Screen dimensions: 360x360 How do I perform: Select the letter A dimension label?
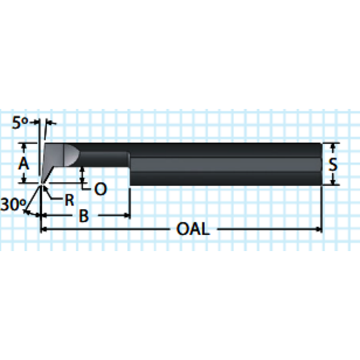click(x=23, y=163)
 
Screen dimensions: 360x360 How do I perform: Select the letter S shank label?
click(x=332, y=164)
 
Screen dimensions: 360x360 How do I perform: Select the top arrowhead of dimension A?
click(x=23, y=146)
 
